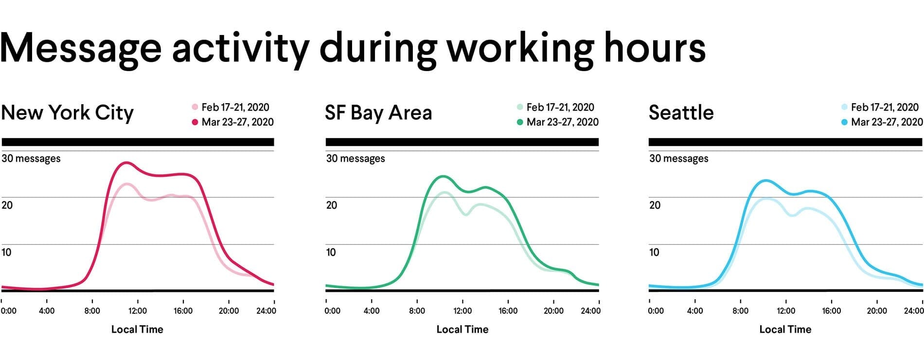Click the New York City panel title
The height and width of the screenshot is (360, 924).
(x=67, y=113)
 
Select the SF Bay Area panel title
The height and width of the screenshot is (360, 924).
(x=378, y=113)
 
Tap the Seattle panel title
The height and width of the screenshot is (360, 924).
(x=681, y=112)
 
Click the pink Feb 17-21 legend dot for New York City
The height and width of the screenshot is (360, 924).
(x=195, y=107)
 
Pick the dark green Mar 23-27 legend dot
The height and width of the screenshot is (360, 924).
(x=520, y=122)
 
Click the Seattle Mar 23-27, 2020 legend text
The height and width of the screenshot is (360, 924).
(x=887, y=122)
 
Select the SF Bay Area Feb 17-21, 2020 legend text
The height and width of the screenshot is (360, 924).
(x=560, y=107)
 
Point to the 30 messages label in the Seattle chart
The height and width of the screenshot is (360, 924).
(x=678, y=159)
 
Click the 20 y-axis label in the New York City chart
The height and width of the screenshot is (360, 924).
(x=7, y=205)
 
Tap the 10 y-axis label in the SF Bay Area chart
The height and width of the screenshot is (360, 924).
(x=331, y=252)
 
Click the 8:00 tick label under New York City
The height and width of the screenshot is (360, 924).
(x=92, y=311)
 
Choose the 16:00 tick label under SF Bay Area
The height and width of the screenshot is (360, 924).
(x=508, y=311)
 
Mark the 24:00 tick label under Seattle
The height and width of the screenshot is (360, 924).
(x=914, y=311)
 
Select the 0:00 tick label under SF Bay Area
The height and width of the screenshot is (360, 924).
(x=333, y=311)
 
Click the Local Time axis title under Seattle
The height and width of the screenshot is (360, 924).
(x=785, y=329)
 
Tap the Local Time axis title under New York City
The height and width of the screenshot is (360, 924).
(x=137, y=329)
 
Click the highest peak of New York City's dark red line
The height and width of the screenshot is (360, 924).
(x=127, y=163)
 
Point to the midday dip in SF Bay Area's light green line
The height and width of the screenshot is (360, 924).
(x=465, y=215)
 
